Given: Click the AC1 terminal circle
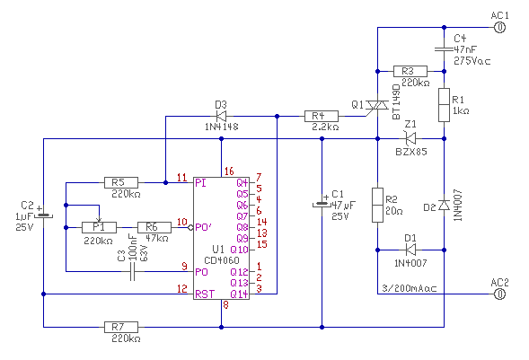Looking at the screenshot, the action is click(x=499, y=27).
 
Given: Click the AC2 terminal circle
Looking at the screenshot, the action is click(x=499, y=294).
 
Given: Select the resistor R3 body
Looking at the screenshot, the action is click(x=410, y=72).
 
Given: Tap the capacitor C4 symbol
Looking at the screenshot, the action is click(x=444, y=49).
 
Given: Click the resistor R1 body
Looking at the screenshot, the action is click(x=444, y=105).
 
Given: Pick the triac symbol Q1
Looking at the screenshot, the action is click(x=377, y=106).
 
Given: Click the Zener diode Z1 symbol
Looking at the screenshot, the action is click(x=410, y=138).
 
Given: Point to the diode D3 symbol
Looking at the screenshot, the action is click(x=221, y=117).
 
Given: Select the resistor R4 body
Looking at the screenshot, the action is click(x=322, y=117).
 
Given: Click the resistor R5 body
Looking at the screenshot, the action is click(x=121, y=183).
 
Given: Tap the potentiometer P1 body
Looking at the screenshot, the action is click(x=99, y=227).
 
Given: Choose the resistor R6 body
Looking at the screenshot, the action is click(x=154, y=227).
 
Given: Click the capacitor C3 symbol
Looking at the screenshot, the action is click(x=132, y=272).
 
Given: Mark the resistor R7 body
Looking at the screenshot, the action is click(x=121, y=327).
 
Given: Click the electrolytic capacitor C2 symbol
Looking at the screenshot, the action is click(x=43, y=215).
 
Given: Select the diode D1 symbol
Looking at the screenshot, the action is click(x=410, y=250).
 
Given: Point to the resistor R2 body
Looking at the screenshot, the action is click(x=377, y=205).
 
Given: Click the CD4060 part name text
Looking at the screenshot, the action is click(x=222, y=260).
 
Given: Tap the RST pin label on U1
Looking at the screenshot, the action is click(x=205, y=294).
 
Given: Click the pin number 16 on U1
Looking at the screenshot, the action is click(x=229, y=171).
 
